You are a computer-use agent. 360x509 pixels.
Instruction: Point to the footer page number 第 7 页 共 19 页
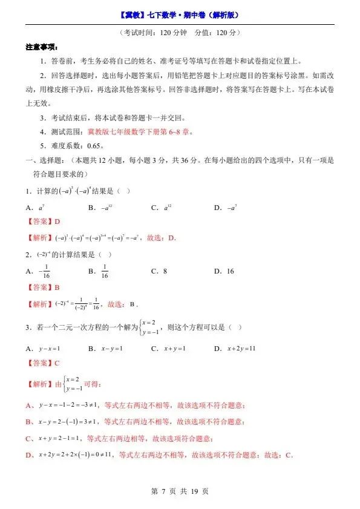[x=180, y=491]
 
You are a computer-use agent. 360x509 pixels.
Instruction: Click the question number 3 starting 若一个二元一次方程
[x=28, y=327]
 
